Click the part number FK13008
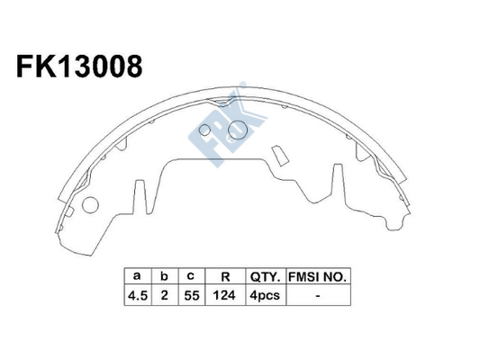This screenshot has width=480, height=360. pyautogui.click(x=79, y=67)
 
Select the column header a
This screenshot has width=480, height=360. pyautogui.click(x=137, y=276)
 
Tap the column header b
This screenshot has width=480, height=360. pyautogui.click(x=165, y=276)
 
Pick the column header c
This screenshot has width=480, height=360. pyautogui.click(x=191, y=276)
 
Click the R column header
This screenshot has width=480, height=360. pyautogui.click(x=225, y=276)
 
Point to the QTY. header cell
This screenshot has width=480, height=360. pyautogui.click(x=266, y=277)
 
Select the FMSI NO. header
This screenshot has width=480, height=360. pyautogui.click(x=318, y=277)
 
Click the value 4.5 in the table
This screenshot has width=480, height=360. pyautogui.click(x=138, y=295)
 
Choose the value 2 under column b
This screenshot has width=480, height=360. pyautogui.click(x=165, y=295)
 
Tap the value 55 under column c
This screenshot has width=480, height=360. pyautogui.click(x=192, y=295)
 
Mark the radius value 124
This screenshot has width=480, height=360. pyautogui.click(x=224, y=295)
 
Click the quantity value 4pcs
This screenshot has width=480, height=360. pyautogui.click(x=265, y=296)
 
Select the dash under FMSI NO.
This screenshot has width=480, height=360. pyautogui.click(x=318, y=296)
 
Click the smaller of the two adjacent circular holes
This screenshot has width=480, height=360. pyautogui.click(x=204, y=130)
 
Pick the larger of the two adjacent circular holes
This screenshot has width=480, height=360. pyautogui.click(x=238, y=130)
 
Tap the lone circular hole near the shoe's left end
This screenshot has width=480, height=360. pyautogui.click(x=90, y=204)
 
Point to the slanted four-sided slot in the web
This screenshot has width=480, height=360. pyautogui.click(x=280, y=156)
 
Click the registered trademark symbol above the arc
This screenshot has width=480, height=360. pyautogui.click(x=242, y=85)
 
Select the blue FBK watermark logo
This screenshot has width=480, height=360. pyautogui.click(x=227, y=129)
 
